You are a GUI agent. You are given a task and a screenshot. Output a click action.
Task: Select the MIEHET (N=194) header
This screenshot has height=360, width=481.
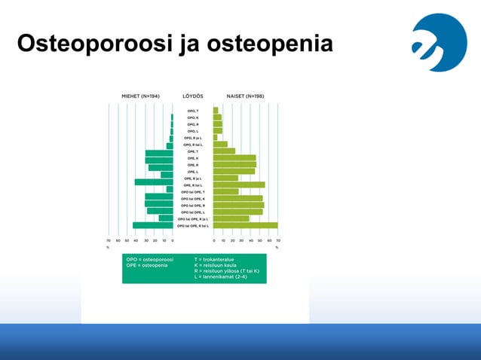(140, 96)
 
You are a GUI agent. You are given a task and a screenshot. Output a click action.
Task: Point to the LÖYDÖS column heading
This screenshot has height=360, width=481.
(192, 96)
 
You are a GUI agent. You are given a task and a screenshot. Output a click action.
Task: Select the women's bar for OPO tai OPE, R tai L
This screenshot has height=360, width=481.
(245, 225)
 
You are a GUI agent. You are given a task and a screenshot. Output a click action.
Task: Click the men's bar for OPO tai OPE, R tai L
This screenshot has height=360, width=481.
(153, 225)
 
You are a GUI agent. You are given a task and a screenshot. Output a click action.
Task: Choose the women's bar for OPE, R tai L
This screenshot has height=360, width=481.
(239, 185)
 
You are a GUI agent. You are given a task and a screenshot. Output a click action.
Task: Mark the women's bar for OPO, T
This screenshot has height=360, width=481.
(216, 111)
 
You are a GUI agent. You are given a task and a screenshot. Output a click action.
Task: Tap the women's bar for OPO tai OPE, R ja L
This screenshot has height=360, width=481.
(231, 218)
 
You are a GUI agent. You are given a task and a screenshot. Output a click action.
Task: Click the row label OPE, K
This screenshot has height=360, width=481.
(193, 158)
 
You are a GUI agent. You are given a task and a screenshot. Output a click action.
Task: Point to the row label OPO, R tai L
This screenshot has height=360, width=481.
(193, 145)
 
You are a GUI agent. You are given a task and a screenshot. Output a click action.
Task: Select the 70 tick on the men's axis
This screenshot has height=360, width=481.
(109, 241)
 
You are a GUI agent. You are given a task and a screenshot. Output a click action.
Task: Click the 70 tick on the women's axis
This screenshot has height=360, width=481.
(278, 241)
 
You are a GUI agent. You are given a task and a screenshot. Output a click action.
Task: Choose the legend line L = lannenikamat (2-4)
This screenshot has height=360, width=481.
(225, 276)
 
